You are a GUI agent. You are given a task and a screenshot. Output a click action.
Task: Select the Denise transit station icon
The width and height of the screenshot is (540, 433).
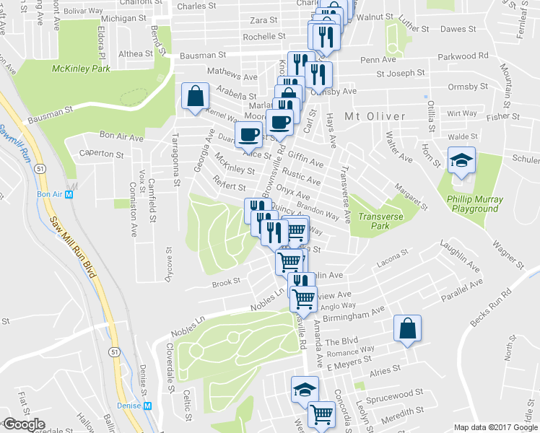pyautogui.click(x=149, y=406)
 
